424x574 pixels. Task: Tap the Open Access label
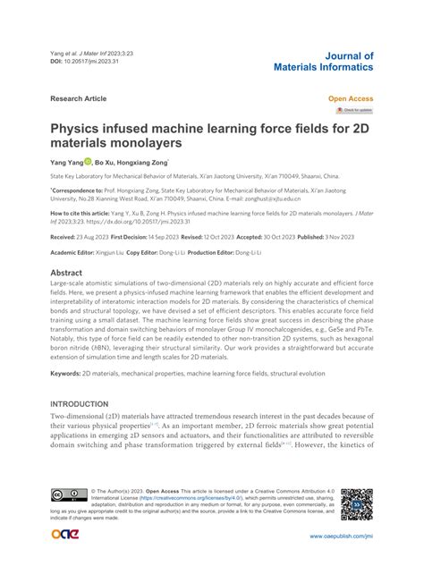tap(351, 98)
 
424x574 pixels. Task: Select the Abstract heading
tap(66, 247)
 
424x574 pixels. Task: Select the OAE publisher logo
tap(64, 535)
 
